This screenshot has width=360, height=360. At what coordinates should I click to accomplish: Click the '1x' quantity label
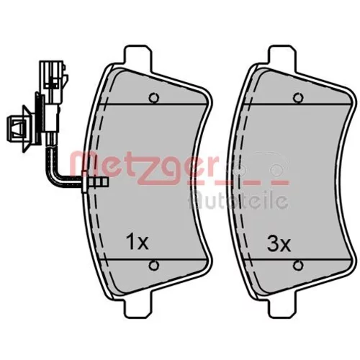(138, 242)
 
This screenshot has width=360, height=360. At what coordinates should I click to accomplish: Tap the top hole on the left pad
(154, 97)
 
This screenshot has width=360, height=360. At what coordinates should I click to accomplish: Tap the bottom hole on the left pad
(154, 266)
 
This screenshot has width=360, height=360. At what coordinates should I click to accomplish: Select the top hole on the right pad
(298, 97)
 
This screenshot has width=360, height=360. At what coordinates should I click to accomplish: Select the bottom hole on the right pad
(298, 266)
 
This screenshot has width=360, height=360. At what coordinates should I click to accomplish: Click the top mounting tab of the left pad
(138, 58)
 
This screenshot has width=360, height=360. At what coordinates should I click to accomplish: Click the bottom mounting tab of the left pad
(138, 305)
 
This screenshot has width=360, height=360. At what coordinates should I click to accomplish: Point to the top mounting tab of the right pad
(282, 58)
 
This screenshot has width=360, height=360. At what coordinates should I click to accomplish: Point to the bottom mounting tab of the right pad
(282, 305)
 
